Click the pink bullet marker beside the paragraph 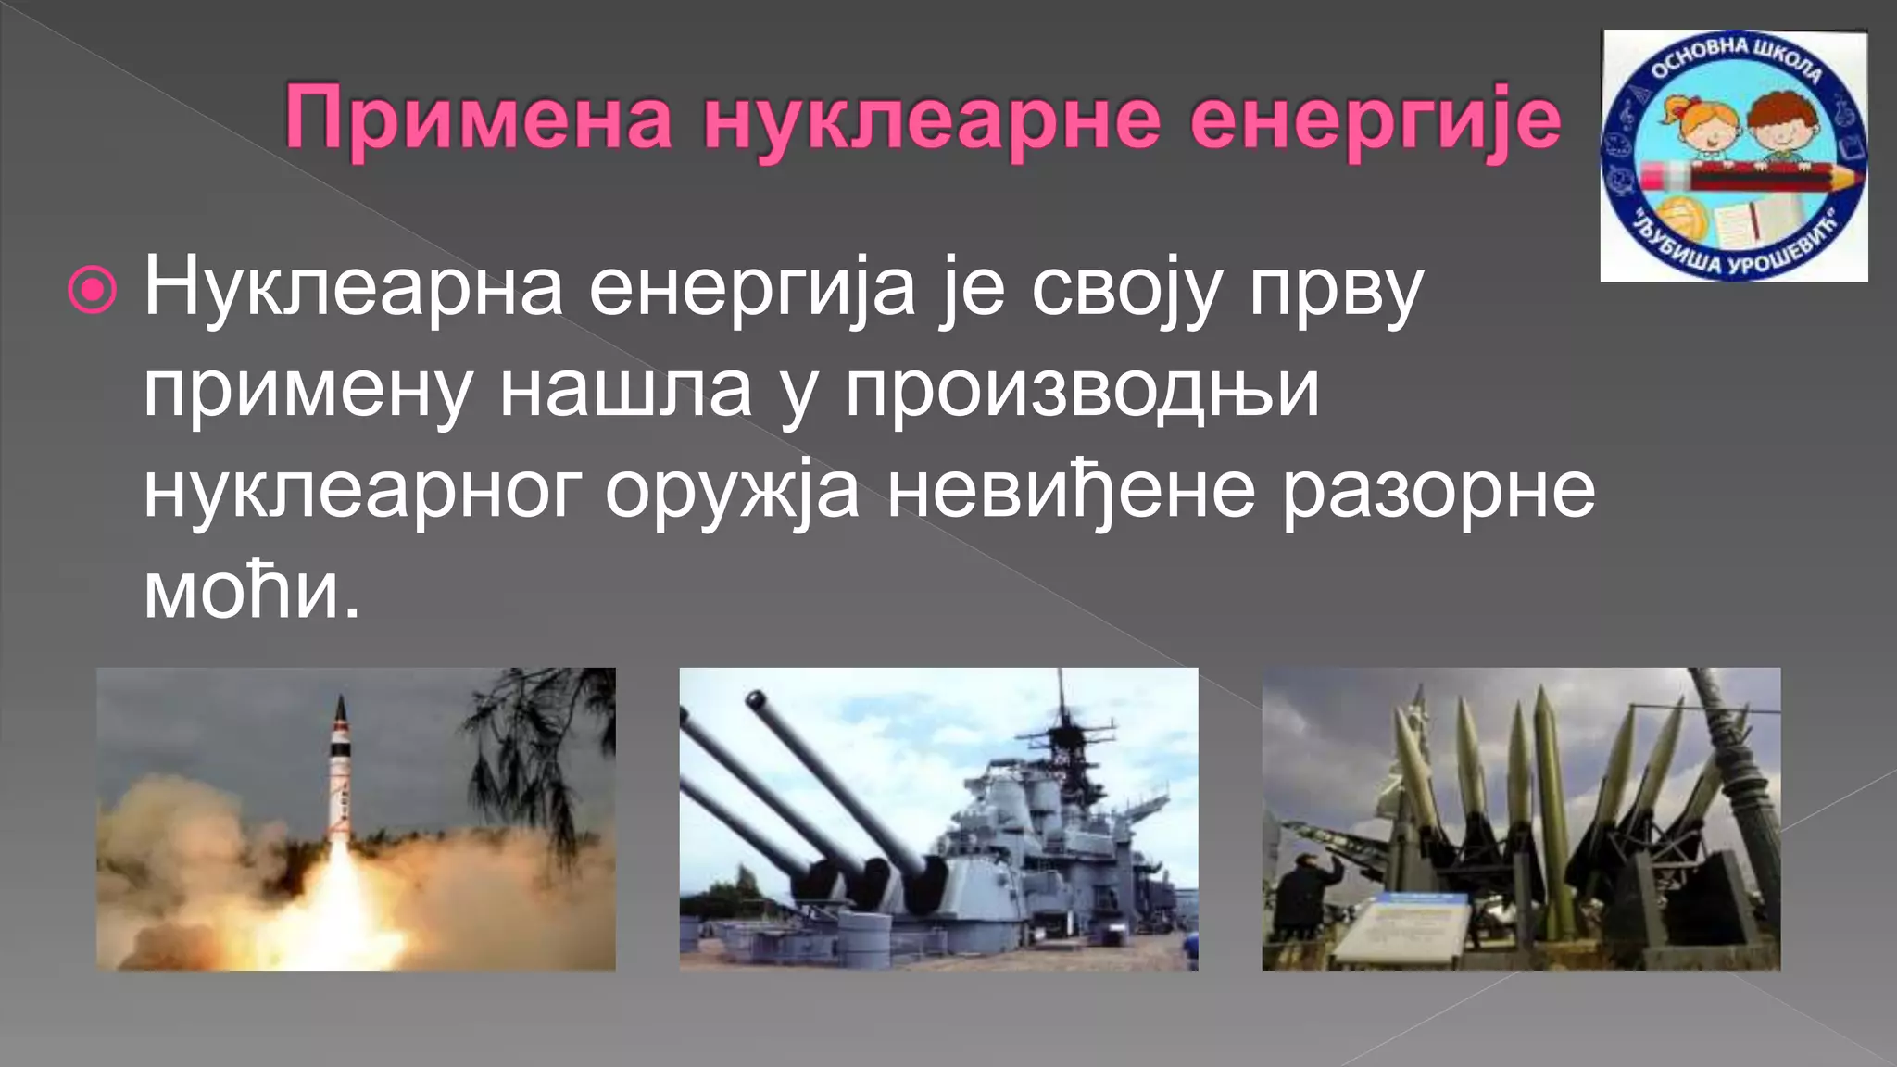coord(93,291)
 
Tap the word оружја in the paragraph coord(732,491)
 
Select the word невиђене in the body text coord(1071,491)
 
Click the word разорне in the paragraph coord(1438,491)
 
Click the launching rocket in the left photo coord(340,769)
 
